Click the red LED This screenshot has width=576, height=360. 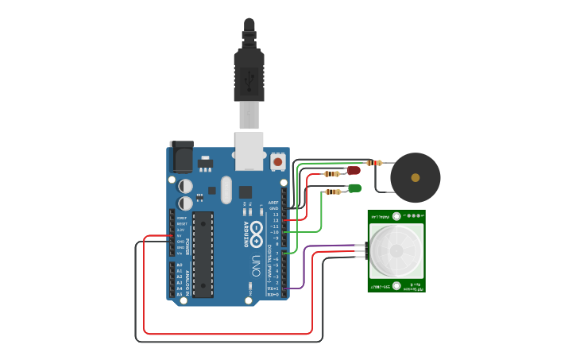pyautogui.click(x=354, y=170)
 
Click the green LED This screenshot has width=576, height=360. pyautogui.click(x=354, y=188)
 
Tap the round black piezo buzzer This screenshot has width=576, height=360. pyautogui.click(x=415, y=178)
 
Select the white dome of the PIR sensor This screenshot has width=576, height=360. pyautogui.click(x=396, y=250)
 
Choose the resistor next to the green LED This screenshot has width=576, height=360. pyautogui.click(x=332, y=191)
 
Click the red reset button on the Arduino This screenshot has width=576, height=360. pyautogui.click(x=278, y=161)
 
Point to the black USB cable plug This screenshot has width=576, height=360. pyautogui.click(x=249, y=75)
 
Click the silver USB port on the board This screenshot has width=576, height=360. pyautogui.click(x=249, y=150)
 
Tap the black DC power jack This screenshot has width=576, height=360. pyautogui.click(x=181, y=157)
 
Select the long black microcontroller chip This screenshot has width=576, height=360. pyautogui.click(x=203, y=254)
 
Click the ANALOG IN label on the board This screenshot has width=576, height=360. pyautogui.click(x=187, y=279)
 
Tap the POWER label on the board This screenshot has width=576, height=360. pyautogui.click(x=187, y=235)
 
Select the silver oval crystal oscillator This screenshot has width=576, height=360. pyautogui.click(x=226, y=190)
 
